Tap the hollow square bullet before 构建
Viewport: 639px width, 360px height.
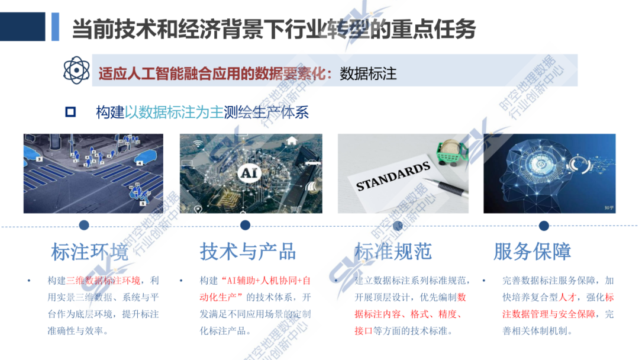[70, 112]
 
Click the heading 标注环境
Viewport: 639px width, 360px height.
[89, 252]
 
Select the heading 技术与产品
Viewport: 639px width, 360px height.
[248, 251]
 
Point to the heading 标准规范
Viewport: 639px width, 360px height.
[393, 251]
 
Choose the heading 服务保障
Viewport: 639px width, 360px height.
[532, 251]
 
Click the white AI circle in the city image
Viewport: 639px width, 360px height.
[248, 173]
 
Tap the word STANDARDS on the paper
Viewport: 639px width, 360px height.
[393, 177]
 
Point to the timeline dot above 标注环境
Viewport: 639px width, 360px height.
[84, 225]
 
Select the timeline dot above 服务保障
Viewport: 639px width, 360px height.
[544, 225]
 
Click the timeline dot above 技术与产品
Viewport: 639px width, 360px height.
[245, 225]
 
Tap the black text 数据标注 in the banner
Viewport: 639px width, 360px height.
[368, 74]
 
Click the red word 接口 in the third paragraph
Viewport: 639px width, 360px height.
[363, 331]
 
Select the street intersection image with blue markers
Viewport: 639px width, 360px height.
[93, 173]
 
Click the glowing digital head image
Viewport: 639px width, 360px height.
[549, 173]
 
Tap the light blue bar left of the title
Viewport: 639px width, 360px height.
[55, 27]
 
